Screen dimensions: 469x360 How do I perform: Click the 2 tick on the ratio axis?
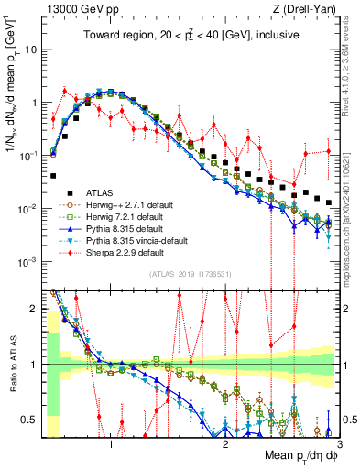(x=37, y=310)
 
